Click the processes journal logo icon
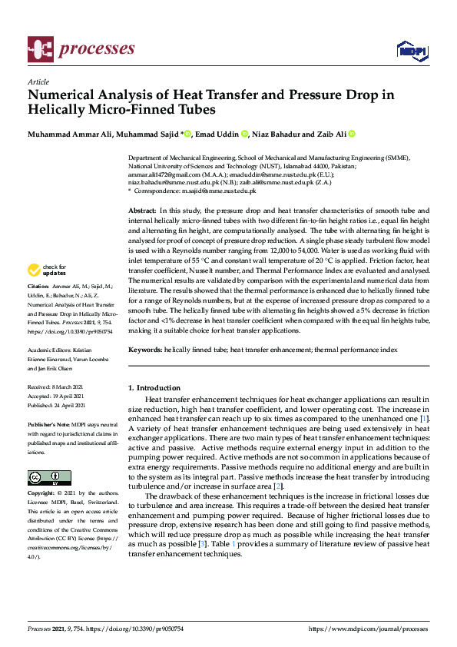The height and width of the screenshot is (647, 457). pos(39,49)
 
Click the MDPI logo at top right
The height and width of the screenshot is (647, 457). pos(412,50)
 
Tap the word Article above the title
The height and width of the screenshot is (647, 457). pos(38,81)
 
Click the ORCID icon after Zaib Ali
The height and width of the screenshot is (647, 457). pos(352,134)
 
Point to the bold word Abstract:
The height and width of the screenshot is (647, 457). pos(142,210)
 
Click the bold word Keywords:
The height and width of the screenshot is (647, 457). pos(144,350)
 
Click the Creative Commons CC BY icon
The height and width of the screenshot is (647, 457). pos(49,477)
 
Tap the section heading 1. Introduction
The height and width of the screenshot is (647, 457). pos(154,388)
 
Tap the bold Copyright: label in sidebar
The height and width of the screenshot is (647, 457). pos(42,492)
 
